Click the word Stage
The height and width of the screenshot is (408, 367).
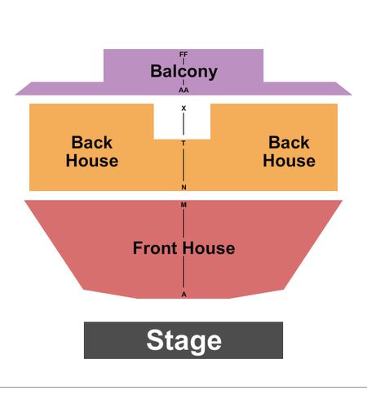(x=183, y=341)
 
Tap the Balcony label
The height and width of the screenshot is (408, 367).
(x=183, y=72)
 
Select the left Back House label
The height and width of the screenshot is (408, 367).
(x=92, y=151)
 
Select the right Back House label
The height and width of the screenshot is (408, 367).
(x=289, y=151)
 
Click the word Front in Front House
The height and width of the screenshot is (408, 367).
(x=155, y=248)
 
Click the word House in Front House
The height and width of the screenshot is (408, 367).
(x=209, y=248)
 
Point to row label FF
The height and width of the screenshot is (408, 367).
(x=183, y=55)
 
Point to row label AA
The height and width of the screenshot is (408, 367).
(x=183, y=90)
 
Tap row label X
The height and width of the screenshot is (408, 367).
(x=183, y=109)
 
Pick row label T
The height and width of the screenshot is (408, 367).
(x=183, y=143)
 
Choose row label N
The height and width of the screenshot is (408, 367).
(x=183, y=187)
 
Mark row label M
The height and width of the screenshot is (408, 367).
(x=183, y=205)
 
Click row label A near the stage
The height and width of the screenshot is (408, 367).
(x=183, y=295)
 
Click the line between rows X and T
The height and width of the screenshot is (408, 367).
(x=183, y=124)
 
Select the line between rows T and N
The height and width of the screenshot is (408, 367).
(x=183, y=165)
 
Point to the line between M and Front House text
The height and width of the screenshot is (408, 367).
(x=183, y=223)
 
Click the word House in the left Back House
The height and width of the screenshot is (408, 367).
(x=92, y=161)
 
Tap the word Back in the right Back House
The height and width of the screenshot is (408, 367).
(x=289, y=142)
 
